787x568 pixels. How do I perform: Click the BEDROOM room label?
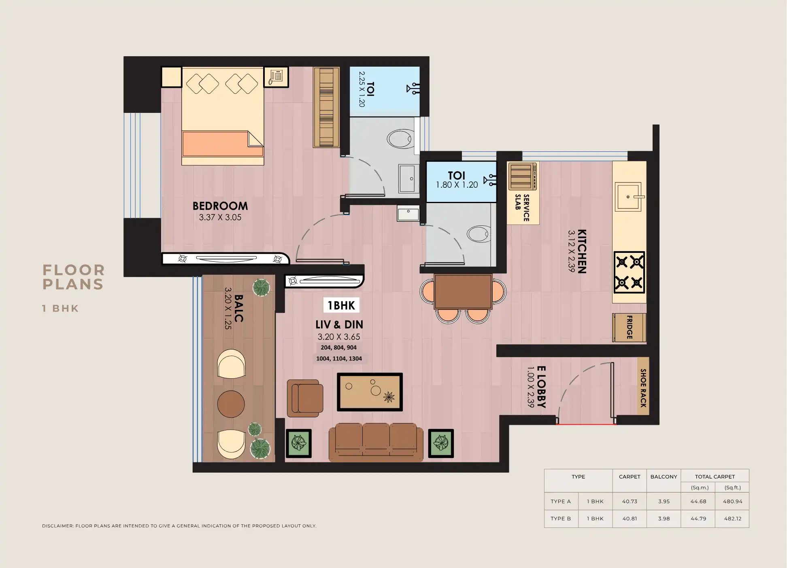220,206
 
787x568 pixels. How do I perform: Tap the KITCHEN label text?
582,251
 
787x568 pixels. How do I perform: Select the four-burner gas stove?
629,272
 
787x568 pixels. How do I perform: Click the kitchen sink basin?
627,197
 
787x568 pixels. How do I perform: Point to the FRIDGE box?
629,327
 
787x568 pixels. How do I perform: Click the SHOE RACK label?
643,388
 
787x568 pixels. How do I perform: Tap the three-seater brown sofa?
376,442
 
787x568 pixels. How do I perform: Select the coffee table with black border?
370,392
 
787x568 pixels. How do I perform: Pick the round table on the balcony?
231,404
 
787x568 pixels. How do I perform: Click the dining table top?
463,291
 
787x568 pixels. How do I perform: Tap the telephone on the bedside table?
276,76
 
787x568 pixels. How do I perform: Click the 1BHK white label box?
341,305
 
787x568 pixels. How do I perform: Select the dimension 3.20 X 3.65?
338,337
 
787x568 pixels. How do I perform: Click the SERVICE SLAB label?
522,208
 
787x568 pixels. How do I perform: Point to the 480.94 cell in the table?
732,501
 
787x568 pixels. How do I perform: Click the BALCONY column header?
664,477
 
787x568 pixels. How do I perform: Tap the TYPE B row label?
561,518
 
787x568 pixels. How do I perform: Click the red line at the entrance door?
586,424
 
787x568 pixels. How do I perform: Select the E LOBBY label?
541,387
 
